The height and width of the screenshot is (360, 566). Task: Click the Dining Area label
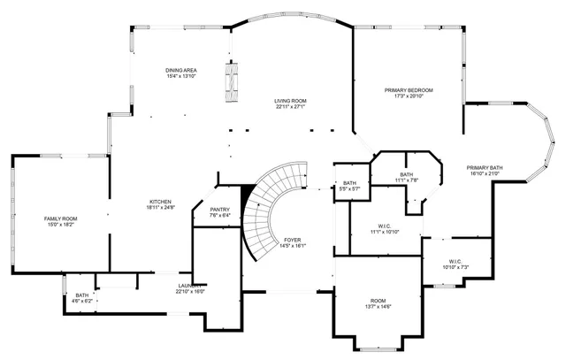click(x=180, y=70)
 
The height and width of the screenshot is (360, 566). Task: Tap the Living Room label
click(x=290, y=101)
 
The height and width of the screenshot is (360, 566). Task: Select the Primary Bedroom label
click(x=409, y=90)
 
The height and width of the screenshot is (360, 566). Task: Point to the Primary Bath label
click(x=485, y=167)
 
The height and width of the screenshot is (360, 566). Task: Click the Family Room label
click(x=61, y=218)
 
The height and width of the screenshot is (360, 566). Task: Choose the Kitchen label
click(x=160, y=201)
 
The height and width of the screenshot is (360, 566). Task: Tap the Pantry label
click(x=220, y=209)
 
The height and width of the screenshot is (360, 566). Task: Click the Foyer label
click(x=293, y=241)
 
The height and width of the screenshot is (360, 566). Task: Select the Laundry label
click(x=188, y=285)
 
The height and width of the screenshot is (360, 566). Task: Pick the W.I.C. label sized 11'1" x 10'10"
click(x=385, y=226)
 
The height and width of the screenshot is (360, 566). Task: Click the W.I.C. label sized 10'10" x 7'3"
click(x=455, y=261)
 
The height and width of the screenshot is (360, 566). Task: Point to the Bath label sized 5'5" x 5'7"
click(x=350, y=183)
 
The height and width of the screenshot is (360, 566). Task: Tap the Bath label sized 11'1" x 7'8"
click(x=406, y=174)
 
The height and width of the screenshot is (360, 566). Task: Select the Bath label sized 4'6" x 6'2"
click(x=82, y=295)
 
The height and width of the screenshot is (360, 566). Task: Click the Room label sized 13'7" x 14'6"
click(x=378, y=300)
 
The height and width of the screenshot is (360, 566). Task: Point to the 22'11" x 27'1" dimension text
click(x=290, y=106)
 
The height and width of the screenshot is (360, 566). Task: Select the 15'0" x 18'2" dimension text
click(x=61, y=224)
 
